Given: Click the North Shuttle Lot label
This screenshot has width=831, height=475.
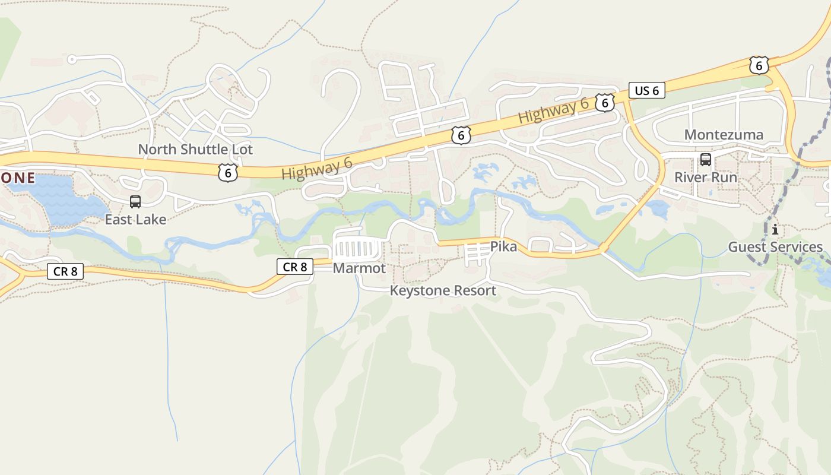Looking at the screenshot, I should (195, 150).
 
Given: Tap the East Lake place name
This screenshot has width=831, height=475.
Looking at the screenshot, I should (135, 219).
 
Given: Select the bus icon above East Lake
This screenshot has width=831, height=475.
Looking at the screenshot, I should (135, 202).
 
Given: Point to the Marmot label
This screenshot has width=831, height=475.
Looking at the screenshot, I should (359, 268).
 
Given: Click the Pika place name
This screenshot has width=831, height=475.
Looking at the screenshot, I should (503, 246).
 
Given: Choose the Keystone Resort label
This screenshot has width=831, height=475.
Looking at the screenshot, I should (443, 291).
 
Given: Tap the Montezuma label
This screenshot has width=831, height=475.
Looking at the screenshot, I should (724, 135).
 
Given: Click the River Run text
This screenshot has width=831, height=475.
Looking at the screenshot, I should (706, 178).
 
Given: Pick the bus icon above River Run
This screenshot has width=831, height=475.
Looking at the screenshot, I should (706, 160).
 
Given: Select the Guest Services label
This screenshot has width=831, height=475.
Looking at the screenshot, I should (775, 247).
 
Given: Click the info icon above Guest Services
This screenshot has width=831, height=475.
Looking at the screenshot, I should (775, 229).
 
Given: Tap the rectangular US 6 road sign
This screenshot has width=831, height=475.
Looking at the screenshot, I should (646, 91).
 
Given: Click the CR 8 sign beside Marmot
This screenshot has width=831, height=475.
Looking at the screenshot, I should (295, 267).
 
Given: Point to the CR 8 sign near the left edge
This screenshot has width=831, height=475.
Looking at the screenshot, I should (65, 272).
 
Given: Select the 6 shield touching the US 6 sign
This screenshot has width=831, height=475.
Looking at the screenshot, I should (604, 103).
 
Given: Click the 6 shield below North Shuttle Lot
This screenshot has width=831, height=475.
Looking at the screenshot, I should (227, 173).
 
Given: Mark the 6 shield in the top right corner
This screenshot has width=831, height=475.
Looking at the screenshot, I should (759, 65).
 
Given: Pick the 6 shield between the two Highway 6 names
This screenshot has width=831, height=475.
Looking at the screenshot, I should (461, 135).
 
